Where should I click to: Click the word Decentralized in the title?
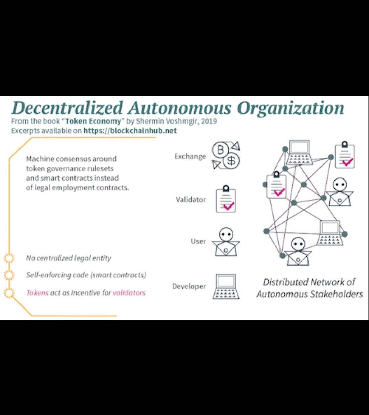tap(67, 108)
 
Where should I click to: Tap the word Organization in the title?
tap(290, 108)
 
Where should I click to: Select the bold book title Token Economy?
tap(93, 121)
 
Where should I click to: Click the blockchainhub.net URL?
tap(130, 131)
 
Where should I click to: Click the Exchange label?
tap(190, 156)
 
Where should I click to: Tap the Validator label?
tap(191, 200)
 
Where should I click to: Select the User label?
tap(198, 241)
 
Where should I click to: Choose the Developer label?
tap(189, 286)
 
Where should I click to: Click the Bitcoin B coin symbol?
tap(221, 149)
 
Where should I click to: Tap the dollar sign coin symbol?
tap(231, 160)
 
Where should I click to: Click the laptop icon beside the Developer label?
tap(226, 287)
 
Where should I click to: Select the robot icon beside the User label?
tap(226, 242)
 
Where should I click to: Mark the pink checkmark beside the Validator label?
tap(228, 206)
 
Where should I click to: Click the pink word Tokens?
tap(37, 293)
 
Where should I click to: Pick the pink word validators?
tap(129, 293)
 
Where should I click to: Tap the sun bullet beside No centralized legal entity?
tap(9, 258)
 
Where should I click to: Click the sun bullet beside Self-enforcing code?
tap(9, 275)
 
